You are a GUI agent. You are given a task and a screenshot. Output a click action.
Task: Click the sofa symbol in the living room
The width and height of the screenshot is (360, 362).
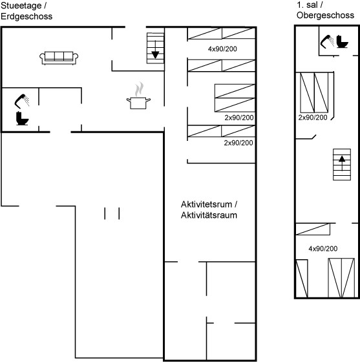click(x=59, y=58)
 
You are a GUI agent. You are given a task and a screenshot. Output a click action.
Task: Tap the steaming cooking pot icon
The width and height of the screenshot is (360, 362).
click(x=138, y=96)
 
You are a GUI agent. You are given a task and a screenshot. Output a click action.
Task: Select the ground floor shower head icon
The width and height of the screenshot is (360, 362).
click(x=22, y=101)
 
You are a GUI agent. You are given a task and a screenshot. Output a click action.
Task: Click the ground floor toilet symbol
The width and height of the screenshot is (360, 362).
click(x=22, y=118)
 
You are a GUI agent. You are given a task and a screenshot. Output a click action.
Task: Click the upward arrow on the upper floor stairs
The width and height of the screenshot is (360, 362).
click(x=342, y=163)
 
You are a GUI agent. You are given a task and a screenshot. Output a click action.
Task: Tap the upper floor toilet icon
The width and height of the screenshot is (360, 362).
click(x=342, y=41)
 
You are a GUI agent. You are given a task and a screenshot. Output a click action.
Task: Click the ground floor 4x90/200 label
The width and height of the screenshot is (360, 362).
click(x=222, y=49)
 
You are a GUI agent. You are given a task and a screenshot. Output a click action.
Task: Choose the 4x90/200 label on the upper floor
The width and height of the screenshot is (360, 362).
click(x=323, y=249)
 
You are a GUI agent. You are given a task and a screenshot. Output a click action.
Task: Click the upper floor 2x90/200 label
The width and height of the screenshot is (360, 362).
click(x=313, y=118)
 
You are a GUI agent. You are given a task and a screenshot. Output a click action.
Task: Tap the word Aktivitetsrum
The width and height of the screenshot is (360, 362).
click(x=206, y=204)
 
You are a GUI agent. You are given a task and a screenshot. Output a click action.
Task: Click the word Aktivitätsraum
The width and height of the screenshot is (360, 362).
click(x=209, y=215)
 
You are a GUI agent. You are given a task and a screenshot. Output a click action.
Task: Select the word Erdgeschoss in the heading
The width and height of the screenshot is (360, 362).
click(x=26, y=16)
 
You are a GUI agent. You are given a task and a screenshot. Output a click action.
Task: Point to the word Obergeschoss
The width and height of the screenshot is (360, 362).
click(x=325, y=16)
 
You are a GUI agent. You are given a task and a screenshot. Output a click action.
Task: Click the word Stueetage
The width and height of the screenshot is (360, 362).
click(x=21, y=6)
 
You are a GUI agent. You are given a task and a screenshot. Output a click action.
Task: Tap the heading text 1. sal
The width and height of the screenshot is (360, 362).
click(x=307, y=5)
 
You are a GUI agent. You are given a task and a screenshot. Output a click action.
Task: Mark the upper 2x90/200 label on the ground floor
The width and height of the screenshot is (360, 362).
click(x=239, y=118)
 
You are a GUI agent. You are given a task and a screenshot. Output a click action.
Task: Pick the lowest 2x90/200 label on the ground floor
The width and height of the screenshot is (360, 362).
click(x=238, y=143)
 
